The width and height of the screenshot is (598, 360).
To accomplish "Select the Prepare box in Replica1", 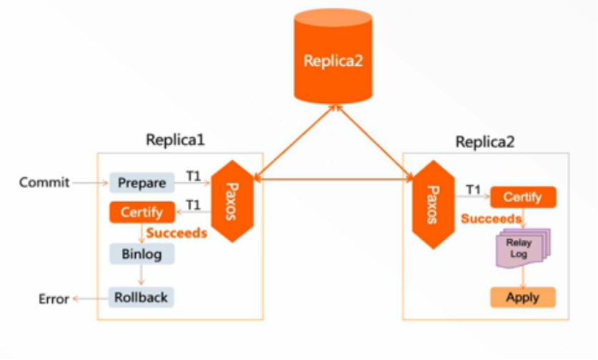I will click(141, 183).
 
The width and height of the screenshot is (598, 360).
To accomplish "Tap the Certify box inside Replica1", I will click(141, 212).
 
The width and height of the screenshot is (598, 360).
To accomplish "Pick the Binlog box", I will click(141, 253).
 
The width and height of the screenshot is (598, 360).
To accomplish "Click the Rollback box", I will click(141, 296).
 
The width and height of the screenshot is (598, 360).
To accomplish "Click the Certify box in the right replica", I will click(522, 197).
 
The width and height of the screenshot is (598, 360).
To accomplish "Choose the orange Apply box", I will click(522, 297).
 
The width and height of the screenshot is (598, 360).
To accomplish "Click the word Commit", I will click(44, 183).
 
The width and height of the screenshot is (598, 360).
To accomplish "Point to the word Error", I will click(54, 299).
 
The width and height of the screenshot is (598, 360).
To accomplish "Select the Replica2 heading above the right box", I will click(485, 141).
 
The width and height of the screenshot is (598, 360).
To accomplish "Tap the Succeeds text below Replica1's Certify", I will click(176, 233).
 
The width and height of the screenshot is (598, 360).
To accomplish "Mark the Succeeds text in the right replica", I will click(490, 219).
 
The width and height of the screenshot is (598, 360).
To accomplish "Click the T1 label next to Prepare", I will click(193, 174).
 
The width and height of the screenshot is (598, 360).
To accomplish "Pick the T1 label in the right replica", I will click(473, 189).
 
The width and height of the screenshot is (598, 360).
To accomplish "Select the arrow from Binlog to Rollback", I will click(141, 275).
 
